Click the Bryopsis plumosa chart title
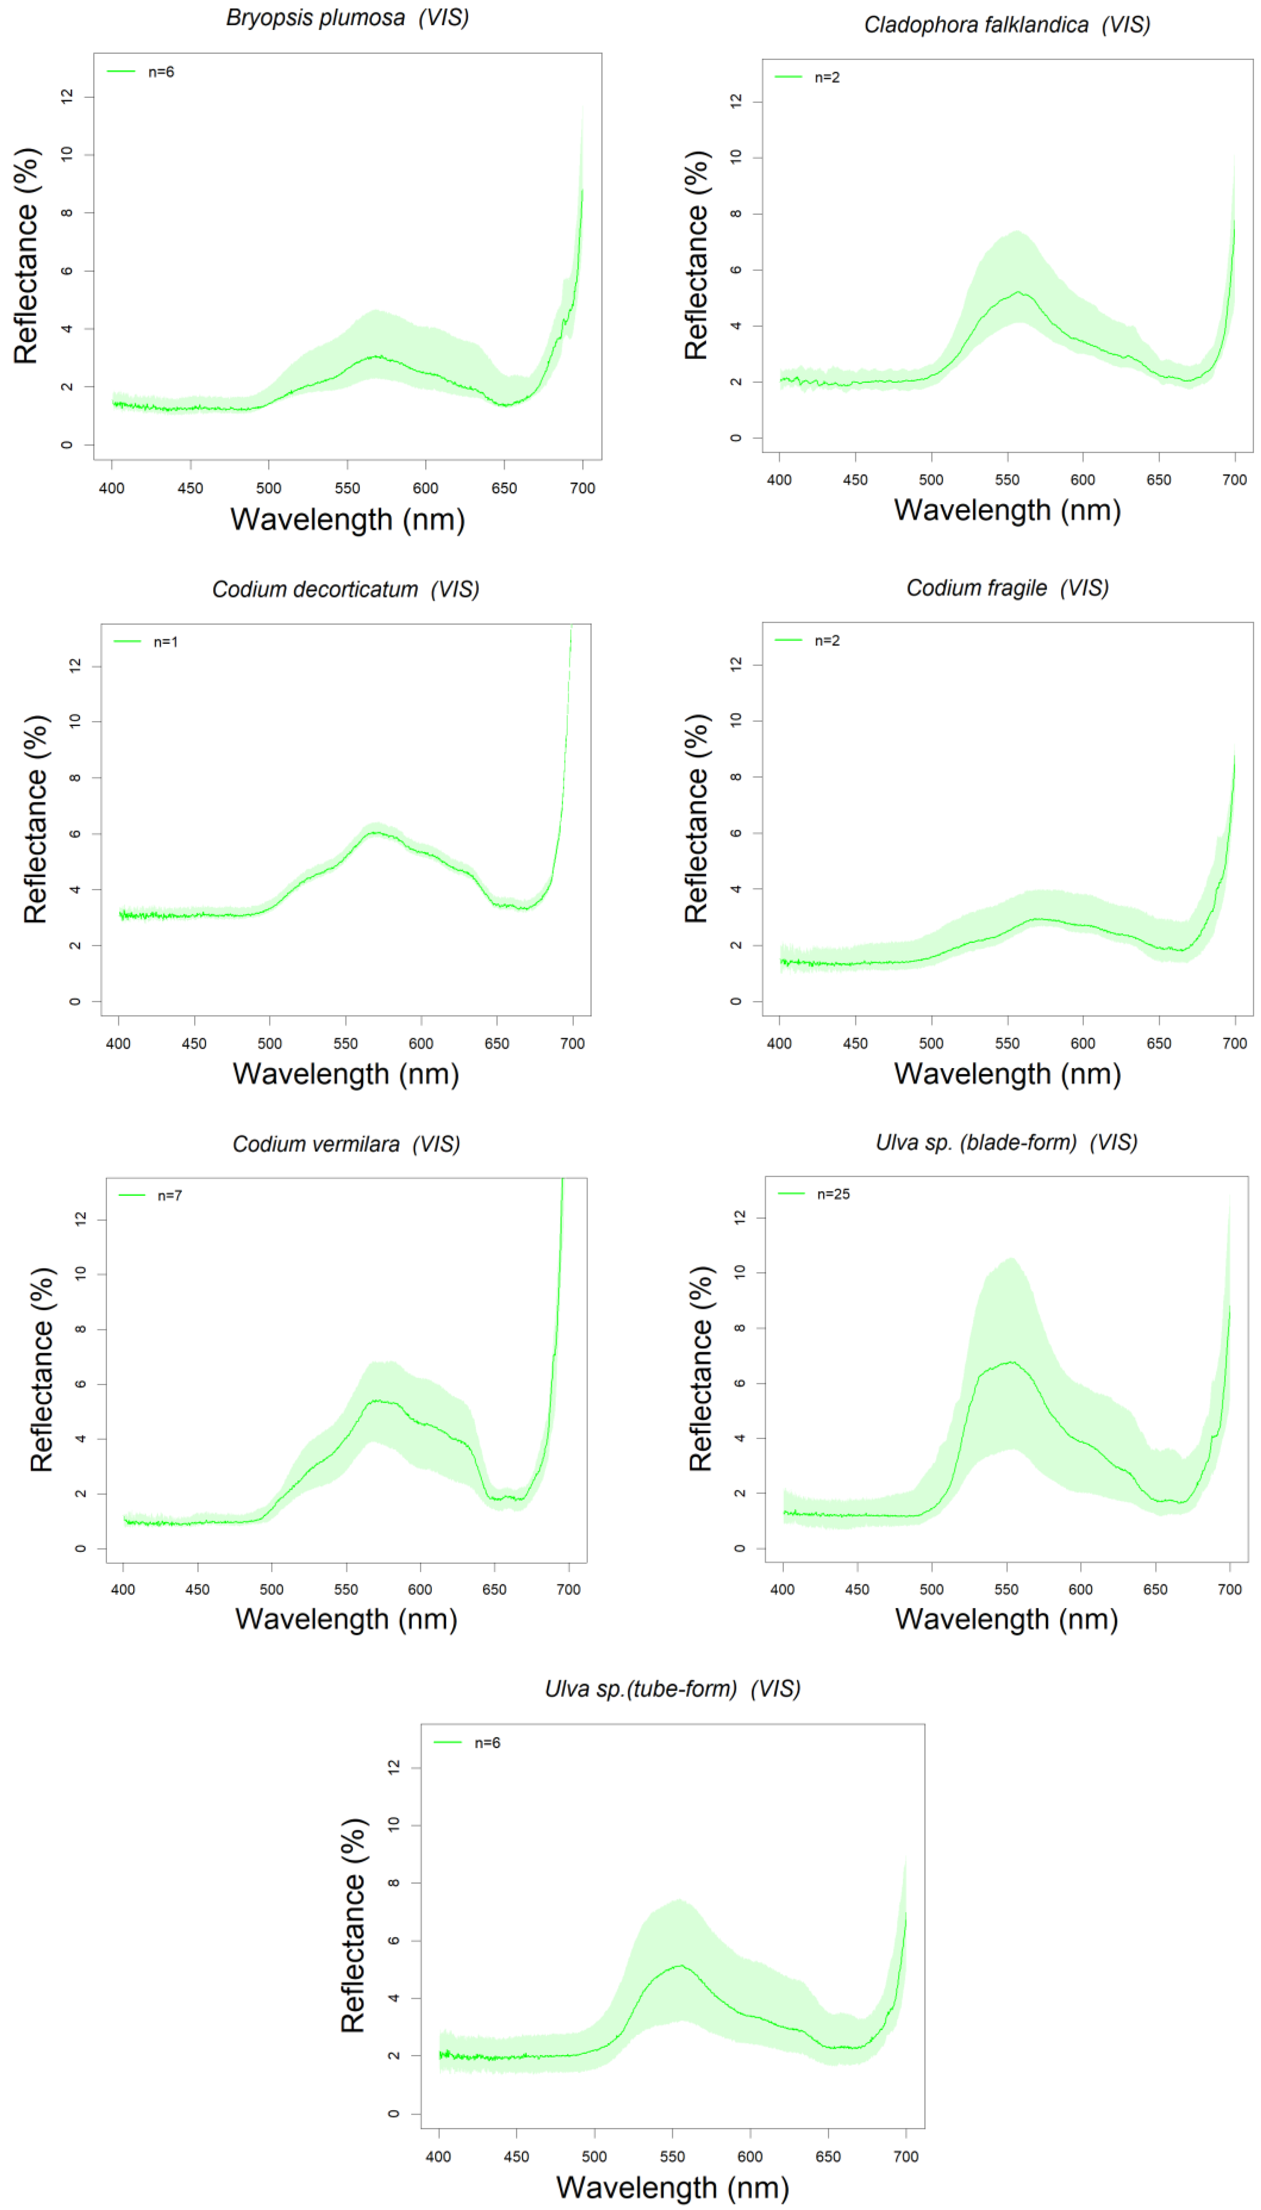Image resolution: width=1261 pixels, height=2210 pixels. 347,17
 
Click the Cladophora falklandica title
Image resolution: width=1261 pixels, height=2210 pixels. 1007,24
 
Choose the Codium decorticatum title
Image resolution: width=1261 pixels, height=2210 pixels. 346,590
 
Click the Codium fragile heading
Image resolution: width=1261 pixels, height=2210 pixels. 1007,588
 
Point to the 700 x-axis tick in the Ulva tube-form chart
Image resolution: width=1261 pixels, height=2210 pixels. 906,2157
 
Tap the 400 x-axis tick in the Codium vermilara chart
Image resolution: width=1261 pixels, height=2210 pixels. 123,1589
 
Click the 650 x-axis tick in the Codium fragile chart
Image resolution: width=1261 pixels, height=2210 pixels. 1159,1043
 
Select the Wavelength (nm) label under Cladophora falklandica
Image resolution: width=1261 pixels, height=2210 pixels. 1007,510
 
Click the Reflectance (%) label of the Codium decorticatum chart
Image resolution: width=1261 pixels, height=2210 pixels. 36,819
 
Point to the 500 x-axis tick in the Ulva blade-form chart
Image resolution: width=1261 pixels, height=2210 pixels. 932,1589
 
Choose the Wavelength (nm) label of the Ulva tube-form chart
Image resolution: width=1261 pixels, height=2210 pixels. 673,2187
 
